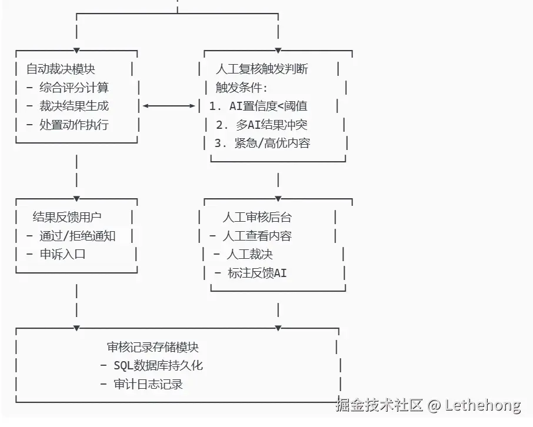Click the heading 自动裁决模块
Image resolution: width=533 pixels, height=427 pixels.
tap(61, 69)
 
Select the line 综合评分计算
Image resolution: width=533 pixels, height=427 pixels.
tap(74, 88)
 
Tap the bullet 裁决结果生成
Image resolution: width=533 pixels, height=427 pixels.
tap(74, 106)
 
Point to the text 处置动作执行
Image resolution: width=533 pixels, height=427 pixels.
tap(74, 125)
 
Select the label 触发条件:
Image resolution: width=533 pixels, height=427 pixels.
tap(241, 88)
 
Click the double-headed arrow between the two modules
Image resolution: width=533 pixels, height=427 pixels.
tap(169, 106)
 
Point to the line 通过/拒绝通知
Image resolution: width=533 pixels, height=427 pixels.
tap(77, 236)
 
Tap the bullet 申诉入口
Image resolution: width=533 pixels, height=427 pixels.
tap(62, 255)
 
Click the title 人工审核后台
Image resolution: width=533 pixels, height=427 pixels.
tap(256, 217)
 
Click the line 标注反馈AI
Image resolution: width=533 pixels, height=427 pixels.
tap(256, 273)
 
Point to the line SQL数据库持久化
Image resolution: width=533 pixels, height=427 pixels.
tap(158, 366)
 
